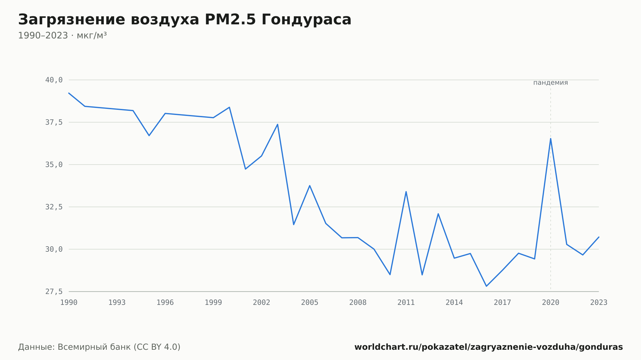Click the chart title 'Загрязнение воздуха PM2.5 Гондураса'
185,20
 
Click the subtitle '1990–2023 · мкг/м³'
62,36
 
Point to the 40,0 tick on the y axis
54,80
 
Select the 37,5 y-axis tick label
54,122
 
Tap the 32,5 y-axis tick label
54,207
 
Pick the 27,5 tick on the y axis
54,291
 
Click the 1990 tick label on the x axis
69,303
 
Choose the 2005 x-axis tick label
310,303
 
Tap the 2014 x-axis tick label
454,303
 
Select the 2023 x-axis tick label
599,303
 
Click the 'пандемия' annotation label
551,83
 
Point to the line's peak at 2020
551,138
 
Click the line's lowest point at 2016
486,286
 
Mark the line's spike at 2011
406,192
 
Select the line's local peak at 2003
278,124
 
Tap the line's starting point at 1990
69,93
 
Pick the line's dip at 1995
149,135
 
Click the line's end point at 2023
599,237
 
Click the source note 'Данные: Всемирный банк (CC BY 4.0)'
99,347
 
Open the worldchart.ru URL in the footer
488,347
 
